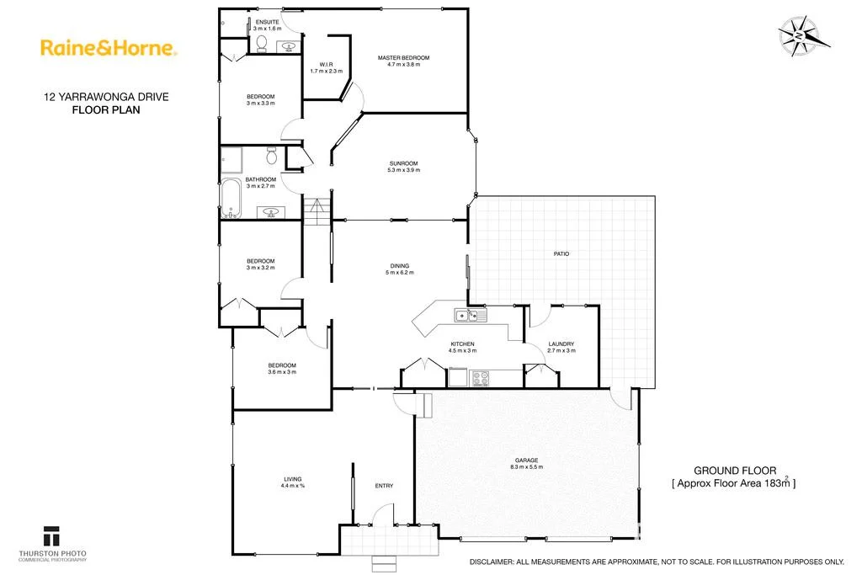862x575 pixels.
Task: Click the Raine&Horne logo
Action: (x=108, y=49)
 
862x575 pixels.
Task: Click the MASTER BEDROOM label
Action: (x=403, y=57)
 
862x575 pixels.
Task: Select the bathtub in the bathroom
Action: (x=231, y=198)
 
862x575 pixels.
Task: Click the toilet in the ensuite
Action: (x=262, y=42)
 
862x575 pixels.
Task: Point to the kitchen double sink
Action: (x=466, y=316)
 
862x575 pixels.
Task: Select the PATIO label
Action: (x=561, y=253)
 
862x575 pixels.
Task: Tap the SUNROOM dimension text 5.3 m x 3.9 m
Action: (x=403, y=170)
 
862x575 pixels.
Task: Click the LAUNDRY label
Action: (x=561, y=343)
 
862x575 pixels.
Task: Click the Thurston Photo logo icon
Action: (x=52, y=535)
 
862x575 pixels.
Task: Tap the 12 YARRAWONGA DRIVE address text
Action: (x=106, y=97)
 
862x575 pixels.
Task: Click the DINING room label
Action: (x=398, y=266)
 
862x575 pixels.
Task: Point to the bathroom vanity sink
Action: (x=271, y=211)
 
